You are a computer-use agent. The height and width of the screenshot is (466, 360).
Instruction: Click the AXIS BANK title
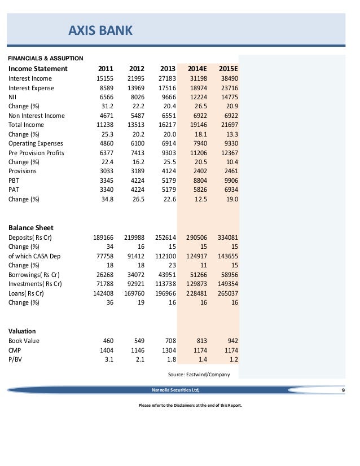pos(100,30)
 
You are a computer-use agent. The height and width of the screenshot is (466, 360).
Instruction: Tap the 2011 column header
pos(106,69)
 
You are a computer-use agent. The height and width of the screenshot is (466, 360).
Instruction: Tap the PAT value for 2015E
pos(227,190)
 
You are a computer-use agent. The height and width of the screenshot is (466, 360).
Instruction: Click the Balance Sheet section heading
pos(30,228)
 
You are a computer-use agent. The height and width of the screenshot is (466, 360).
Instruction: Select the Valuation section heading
pos(22,331)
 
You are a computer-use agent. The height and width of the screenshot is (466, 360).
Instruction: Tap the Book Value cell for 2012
pos(138,341)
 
